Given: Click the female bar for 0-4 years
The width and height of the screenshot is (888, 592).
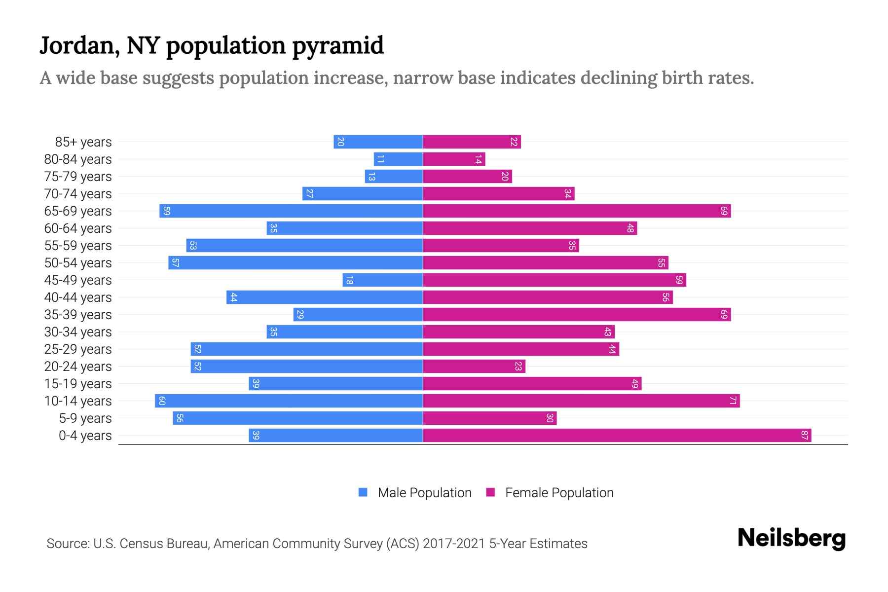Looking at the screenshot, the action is tap(617, 436).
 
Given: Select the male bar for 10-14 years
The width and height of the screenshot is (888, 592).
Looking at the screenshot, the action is tap(289, 401).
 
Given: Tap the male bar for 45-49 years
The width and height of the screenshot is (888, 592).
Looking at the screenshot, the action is tap(383, 280).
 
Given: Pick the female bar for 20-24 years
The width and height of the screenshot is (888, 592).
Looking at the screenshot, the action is tap(474, 367).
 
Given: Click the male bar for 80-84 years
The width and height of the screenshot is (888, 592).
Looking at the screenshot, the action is tap(398, 159).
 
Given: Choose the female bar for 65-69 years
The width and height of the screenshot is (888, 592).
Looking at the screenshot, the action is tap(576, 211).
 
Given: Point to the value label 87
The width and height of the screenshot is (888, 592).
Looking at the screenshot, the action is tap(804, 436).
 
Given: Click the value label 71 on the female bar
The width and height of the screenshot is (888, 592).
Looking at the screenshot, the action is tap(733, 401).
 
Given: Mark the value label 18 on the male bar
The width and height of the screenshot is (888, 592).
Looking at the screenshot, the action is tap(349, 280).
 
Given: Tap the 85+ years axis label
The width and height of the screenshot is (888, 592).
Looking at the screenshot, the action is tap(83, 142).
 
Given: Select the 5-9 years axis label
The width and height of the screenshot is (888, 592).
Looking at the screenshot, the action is tap(85, 418).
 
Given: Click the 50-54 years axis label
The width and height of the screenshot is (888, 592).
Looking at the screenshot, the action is tap(78, 263).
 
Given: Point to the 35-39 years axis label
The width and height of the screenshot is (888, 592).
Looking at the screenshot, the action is tap(78, 315).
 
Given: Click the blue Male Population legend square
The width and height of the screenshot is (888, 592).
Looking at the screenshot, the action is tap(363, 492).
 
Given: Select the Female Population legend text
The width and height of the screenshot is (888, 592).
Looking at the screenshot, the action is tap(559, 493).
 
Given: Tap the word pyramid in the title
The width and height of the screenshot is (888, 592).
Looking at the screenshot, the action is tap(338, 46).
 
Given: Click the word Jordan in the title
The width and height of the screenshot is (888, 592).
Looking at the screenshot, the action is tap(79, 46).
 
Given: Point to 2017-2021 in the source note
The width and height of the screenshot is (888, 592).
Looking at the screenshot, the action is tap(454, 544).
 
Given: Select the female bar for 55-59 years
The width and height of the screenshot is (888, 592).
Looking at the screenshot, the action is tap(501, 246).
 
